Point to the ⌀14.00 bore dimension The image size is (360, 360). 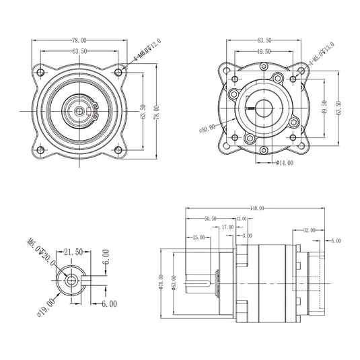(285, 163)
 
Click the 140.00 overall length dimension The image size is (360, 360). (256, 208)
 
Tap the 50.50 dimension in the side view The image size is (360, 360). (210, 218)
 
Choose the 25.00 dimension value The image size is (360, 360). (199, 237)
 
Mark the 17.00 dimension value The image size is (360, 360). (227, 227)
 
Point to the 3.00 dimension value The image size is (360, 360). (247, 236)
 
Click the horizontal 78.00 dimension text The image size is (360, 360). (79, 40)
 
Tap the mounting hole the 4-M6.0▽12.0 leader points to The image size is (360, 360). (119, 71)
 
